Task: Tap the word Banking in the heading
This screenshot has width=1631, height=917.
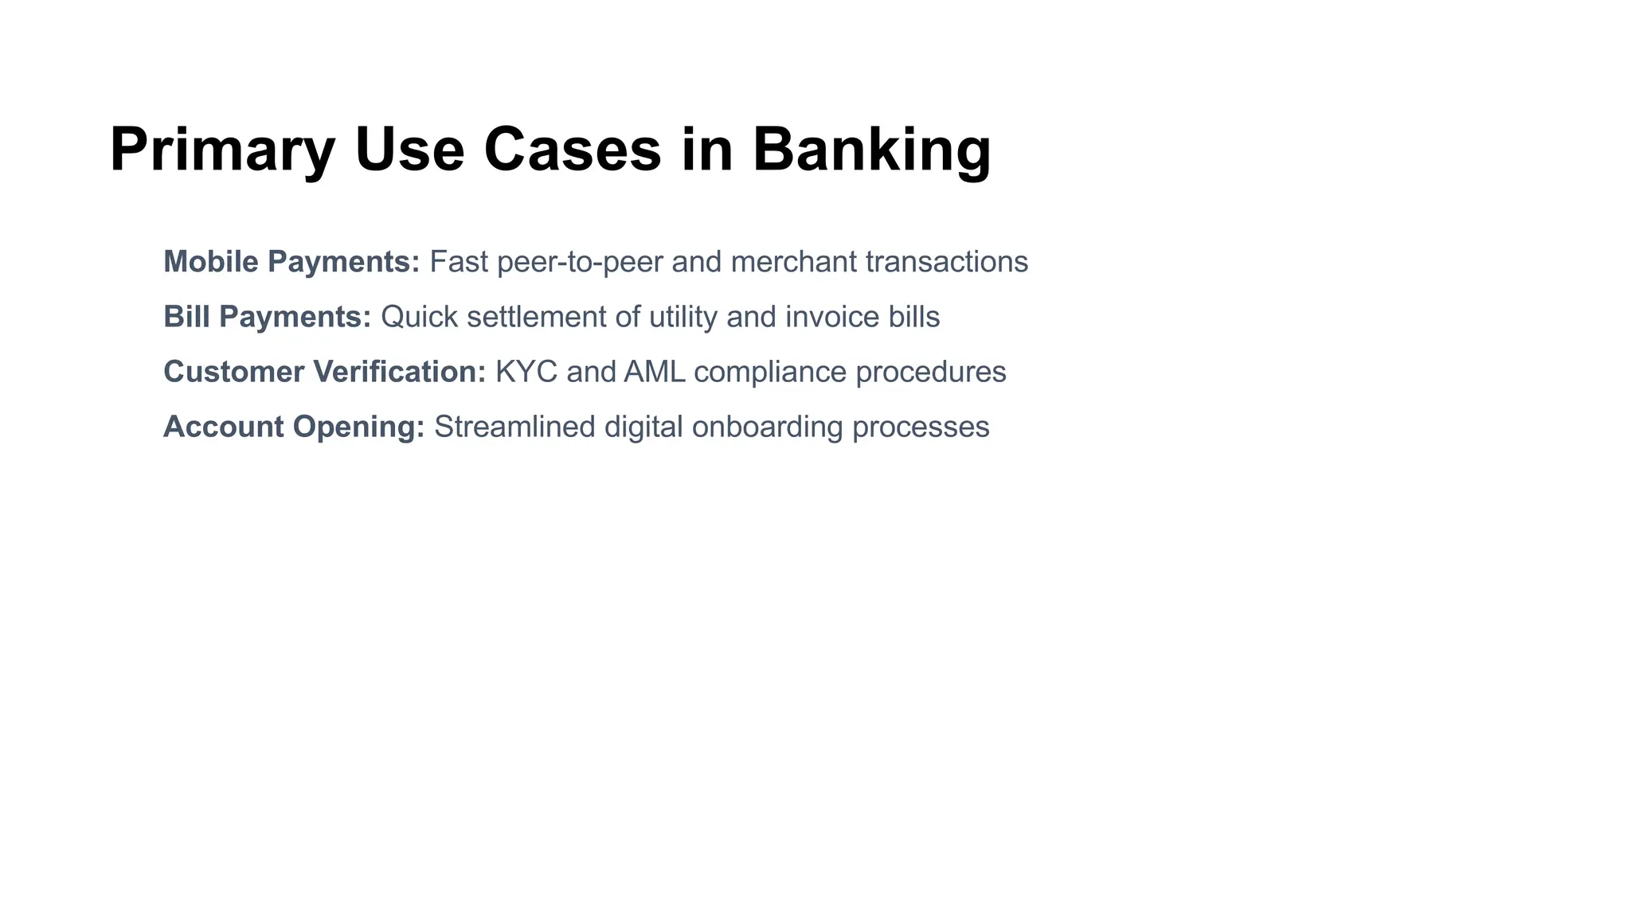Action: click(871, 150)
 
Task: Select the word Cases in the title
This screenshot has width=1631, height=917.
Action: click(572, 150)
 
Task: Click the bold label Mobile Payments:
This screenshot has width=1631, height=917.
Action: click(291, 262)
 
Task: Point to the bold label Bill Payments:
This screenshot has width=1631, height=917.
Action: click(267, 317)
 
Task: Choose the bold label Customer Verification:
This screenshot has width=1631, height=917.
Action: click(324, 372)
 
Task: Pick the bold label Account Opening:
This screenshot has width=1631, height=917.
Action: click(294, 427)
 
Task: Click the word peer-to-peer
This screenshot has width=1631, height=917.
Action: click(580, 262)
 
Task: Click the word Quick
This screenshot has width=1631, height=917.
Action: click(419, 317)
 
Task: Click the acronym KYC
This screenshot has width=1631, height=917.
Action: click(526, 372)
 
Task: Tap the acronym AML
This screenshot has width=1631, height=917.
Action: click(654, 372)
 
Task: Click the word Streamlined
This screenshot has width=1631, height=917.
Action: click(514, 427)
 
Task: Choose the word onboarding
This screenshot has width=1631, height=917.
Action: click(767, 427)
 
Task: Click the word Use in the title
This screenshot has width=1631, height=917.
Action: click(409, 150)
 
